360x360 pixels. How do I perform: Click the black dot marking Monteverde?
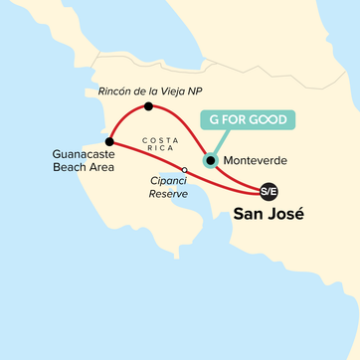tap(210, 159)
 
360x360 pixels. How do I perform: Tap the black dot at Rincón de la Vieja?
tap(148, 105)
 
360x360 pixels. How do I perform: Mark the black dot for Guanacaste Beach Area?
tap(108, 142)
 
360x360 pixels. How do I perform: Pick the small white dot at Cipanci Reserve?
tap(184, 170)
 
